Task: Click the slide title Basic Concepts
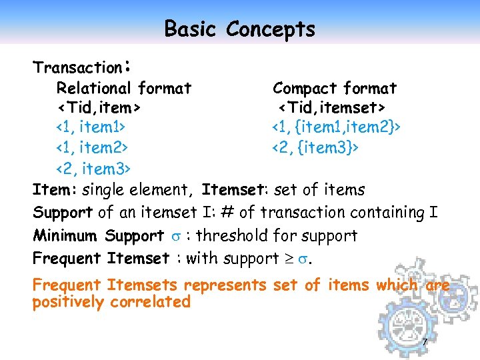239,29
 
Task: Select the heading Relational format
123,88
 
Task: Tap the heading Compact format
335,88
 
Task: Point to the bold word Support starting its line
63,213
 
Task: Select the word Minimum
66,236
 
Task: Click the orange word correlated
151,302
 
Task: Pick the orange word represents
225,285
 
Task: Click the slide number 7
425,343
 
